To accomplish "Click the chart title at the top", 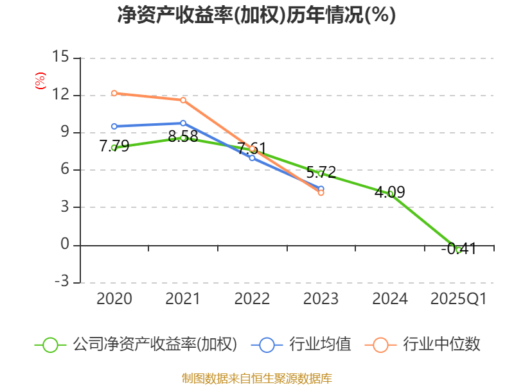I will pyautogui.click(x=256, y=15).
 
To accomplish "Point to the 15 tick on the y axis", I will pyautogui.click(x=61, y=57).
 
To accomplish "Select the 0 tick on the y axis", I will pyautogui.click(x=65, y=244).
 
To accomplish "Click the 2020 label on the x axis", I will pyautogui.click(x=114, y=299).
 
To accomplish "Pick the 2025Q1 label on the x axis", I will pyautogui.click(x=459, y=299).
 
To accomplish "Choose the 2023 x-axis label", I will pyautogui.click(x=321, y=299).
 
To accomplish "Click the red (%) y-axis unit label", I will pyautogui.click(x=40, y=81).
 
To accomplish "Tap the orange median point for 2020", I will pyautogui.click(x=114, y=93).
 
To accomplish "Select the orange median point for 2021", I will pyautogui.click(x=183, y=100).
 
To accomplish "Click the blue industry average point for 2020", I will pyautogui.click(x=114, y=126).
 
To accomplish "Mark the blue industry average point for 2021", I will pyautogui.click(x=183, y=123).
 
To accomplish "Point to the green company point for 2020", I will pyautogui.click(x=114, y=148).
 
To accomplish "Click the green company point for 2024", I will pyautogui.click(x=390, y=193).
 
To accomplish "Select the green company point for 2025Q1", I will pyautogui.click(x=459, y=250).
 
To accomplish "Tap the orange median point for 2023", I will pyautogui.click(x=321, y=193).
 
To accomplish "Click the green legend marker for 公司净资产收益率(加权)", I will pyautogui.click(x=51, y=345).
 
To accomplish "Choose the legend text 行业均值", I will pyautogui.click(x=320, y=345).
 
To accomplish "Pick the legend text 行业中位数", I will pyautogui.click(x=441, y=345).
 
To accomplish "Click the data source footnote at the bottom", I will pyautogui.click(x=256, y=378).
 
